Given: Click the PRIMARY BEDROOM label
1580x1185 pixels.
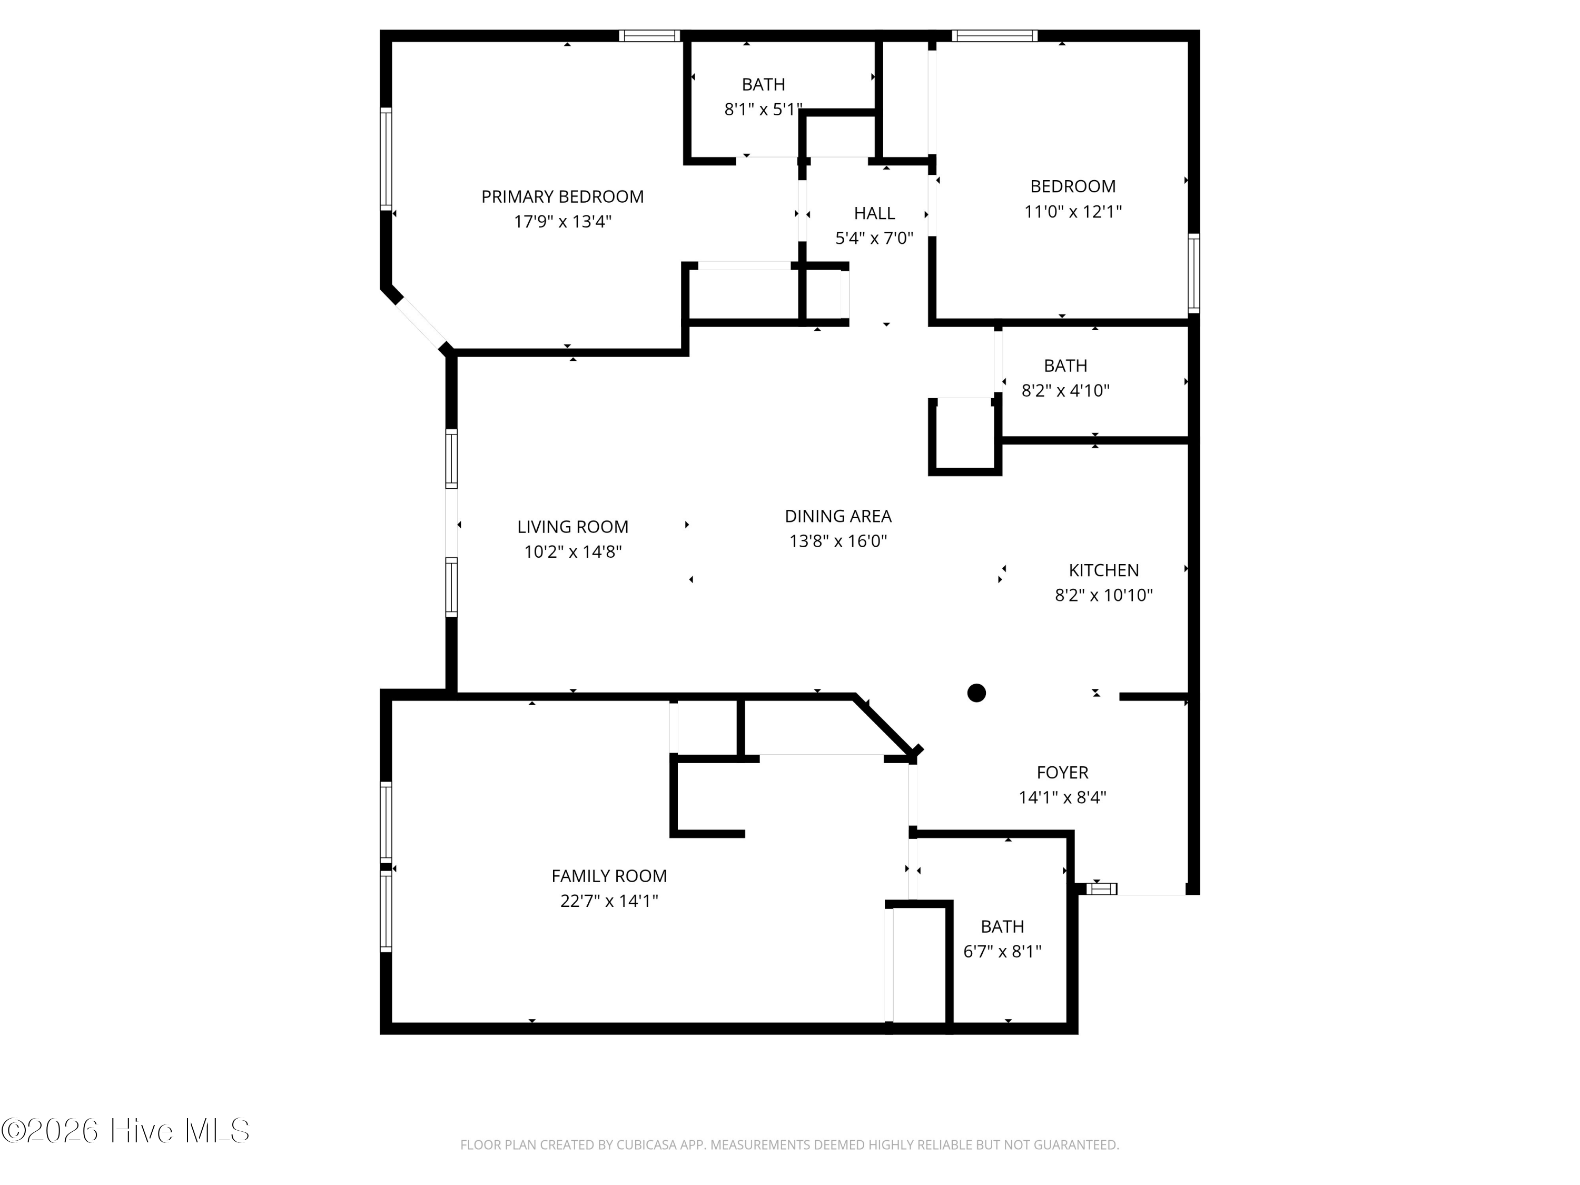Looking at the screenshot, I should [x=562, y=196].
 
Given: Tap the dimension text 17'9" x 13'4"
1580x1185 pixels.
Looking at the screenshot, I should [x=562, y=221].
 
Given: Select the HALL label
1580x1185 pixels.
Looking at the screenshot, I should [x=874, y=213].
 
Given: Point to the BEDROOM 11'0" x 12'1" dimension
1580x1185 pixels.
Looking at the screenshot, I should [x=1072, y=211].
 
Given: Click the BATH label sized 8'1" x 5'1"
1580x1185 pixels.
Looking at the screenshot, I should [x=763, y=84].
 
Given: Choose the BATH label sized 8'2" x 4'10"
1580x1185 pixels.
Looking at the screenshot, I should [x=1065, y=366].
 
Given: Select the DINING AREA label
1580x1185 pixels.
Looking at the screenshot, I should [x=837, y=516].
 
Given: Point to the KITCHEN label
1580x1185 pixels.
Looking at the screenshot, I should [x=1103, y=570].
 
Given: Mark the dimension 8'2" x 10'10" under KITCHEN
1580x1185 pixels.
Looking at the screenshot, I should [x=1103, y=595].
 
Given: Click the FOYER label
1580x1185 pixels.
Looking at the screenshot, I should [x=1062, y=772].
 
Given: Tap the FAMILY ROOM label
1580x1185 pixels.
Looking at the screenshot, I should [x=609, y=876].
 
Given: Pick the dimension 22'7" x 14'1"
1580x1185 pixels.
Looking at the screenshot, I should [x=609, y=901].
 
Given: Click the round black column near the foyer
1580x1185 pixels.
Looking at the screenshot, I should [x=976, y=693].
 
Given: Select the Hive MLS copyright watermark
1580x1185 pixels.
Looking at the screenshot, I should [x=126, y=1131].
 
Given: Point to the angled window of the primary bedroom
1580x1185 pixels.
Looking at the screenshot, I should [x=421, y=323].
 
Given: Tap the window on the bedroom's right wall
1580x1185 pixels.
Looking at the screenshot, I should [x=1193, y=273].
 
